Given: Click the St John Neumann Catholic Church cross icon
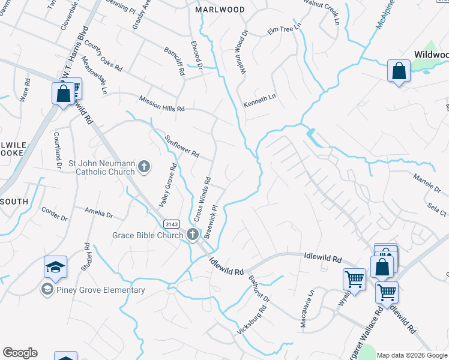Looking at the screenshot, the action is pos(144,166).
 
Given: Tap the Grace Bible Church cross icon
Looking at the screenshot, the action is pos(193,235).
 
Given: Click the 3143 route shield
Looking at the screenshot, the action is pos(171,223).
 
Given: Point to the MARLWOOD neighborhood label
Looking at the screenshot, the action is pos(220,10).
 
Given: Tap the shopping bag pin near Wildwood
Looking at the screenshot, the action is pos(399,71).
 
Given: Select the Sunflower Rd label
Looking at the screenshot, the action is pos(182,145).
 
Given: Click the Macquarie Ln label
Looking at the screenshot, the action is pos(307,310).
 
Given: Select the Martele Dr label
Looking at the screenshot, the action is pos(427,184).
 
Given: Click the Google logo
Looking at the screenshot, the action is pos(20,353).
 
